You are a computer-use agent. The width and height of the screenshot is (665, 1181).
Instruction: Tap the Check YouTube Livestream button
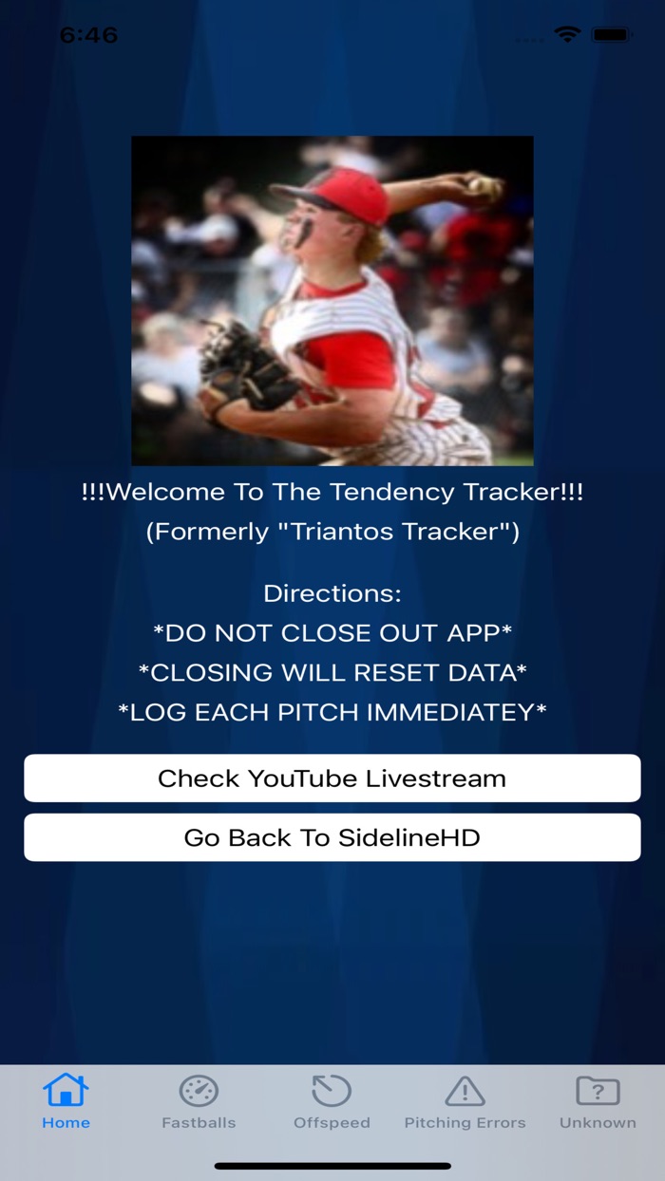[x=332, y=778]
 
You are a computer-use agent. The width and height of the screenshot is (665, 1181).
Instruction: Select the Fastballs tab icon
[x=199, y=1092]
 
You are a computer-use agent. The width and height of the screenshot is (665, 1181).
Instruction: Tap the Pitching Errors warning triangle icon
[x=465, y=1092]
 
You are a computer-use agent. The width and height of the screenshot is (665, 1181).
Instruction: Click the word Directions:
[x=332, y=593]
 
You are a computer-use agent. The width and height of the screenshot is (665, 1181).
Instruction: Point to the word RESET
[x=398, y=672]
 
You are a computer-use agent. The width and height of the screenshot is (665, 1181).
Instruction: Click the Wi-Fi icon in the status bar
[x=568, y=35]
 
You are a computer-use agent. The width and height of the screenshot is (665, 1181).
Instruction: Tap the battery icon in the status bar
[x=612, y=35]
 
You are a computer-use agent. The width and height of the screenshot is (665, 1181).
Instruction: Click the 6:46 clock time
[x=88, y=35]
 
